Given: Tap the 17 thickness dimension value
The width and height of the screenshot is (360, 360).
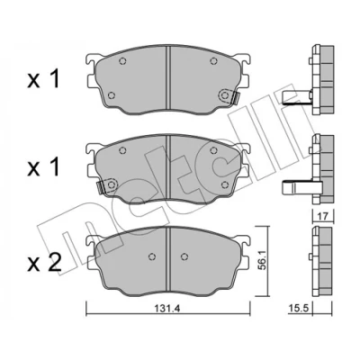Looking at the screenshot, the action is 322,215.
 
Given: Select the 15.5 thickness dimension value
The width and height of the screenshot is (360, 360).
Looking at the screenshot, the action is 296,309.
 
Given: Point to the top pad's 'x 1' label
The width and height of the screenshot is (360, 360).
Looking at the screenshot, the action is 43,78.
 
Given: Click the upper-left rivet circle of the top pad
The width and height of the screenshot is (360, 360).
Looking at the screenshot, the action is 122,61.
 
